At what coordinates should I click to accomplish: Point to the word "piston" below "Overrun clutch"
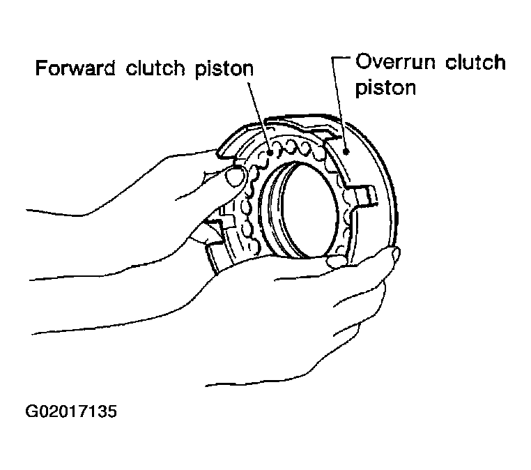pyautogui.click(x=385, y=89)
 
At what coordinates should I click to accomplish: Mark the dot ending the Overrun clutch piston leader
pyautogui.click(x=346, y=149)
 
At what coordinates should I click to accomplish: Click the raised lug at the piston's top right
pyautogui.click(x=328, y=129)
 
